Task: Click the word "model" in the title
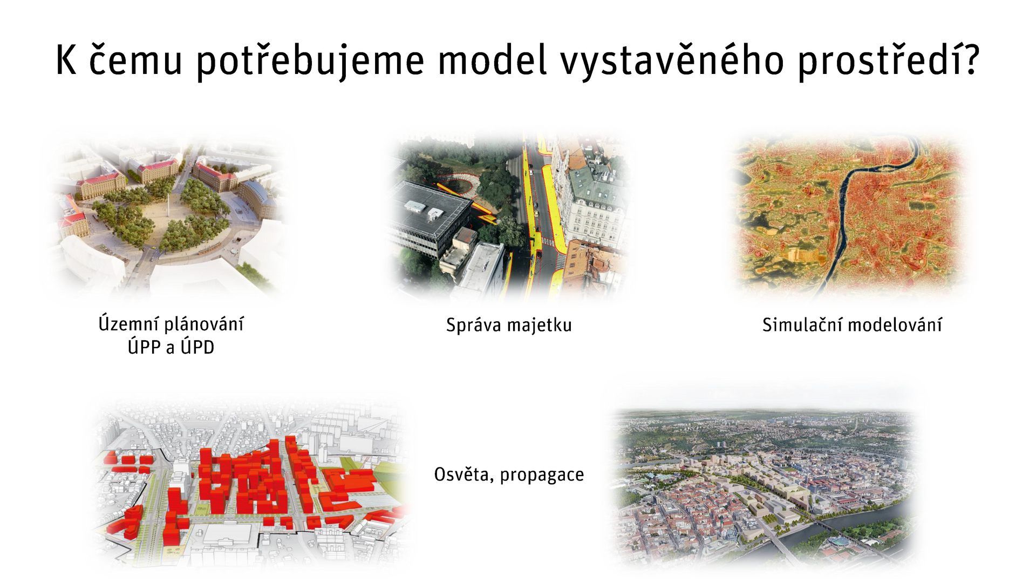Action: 492,61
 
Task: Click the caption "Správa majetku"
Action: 508,325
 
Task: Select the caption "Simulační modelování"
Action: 852,325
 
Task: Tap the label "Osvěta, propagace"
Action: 509,474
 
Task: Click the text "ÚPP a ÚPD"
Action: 171,347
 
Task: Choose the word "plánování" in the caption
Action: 203,324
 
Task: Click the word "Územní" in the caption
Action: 128,324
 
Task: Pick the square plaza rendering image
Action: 167,216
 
